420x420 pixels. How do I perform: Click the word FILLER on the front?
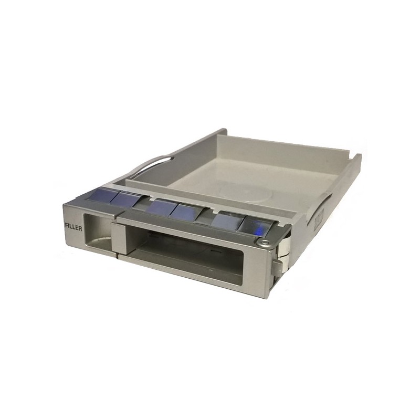pos(73,228)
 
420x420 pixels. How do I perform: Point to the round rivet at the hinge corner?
pos(265,243)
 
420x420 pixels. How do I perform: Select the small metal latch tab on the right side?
pos(278,267)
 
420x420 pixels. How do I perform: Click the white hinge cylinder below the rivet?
pos(285,246)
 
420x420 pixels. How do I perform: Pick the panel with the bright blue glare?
pos(255,225)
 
